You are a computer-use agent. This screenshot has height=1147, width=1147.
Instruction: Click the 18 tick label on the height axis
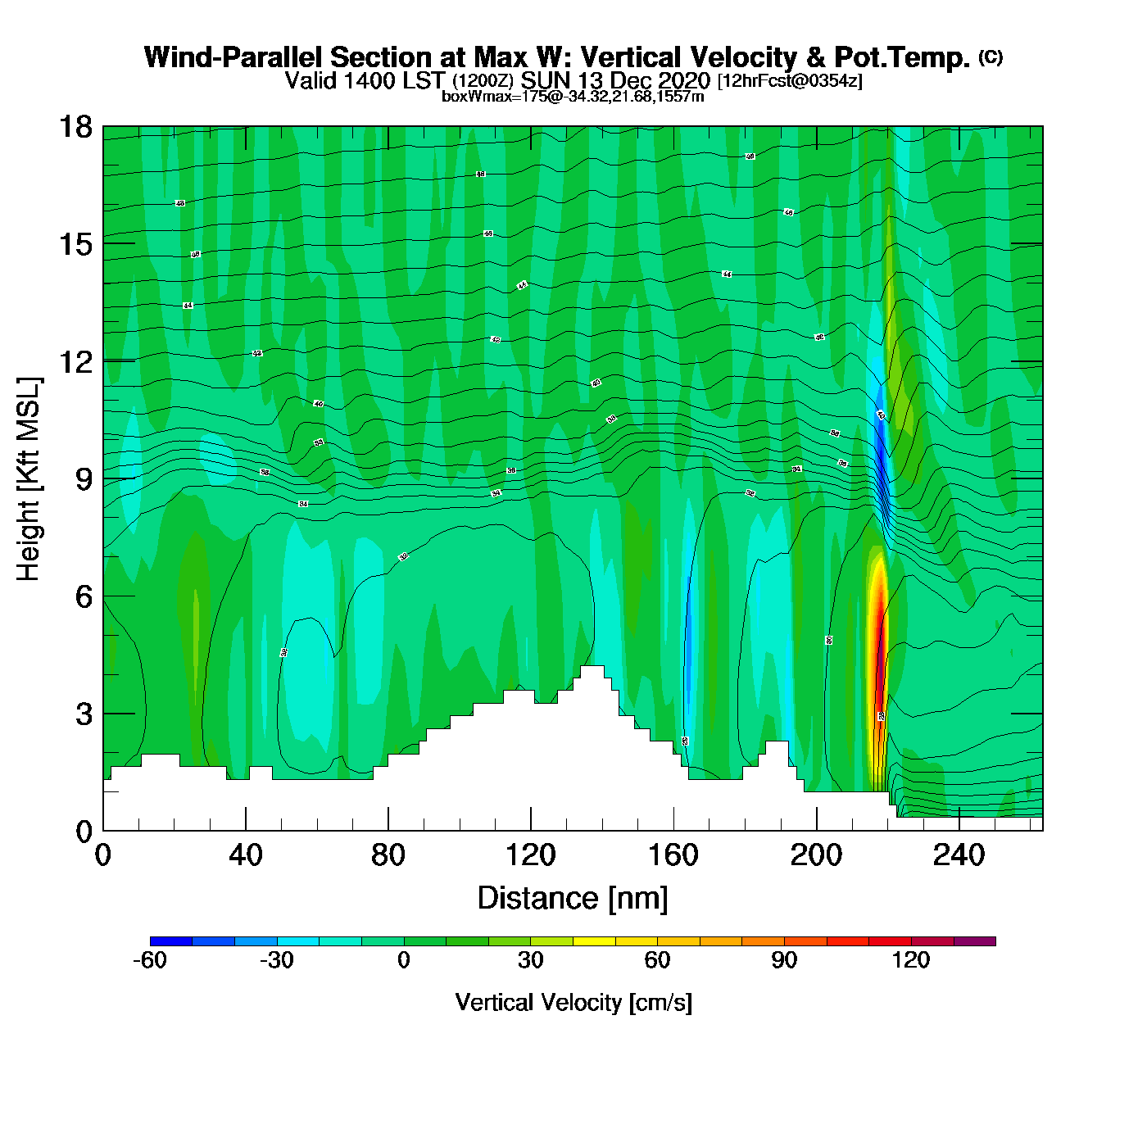(75, 127)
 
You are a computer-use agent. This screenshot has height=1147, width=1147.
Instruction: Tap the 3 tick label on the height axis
(84, 714)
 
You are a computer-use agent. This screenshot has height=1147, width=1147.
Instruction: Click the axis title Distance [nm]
(573, 899)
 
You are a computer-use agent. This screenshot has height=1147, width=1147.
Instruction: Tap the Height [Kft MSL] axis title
(29, 479)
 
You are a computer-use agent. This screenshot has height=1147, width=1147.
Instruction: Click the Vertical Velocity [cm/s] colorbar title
(573, 1003)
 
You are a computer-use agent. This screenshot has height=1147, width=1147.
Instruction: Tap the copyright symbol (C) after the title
(991, 57)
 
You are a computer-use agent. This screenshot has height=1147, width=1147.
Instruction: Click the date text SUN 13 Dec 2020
(615, 81)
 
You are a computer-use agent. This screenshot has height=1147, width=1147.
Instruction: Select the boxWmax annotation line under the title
(573, 97)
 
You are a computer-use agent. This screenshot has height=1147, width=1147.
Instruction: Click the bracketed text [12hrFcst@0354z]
(790, 81)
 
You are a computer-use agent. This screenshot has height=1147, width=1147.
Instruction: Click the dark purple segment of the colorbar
(975, 941)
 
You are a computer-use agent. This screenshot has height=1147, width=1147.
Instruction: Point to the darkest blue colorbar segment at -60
(171, 941)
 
